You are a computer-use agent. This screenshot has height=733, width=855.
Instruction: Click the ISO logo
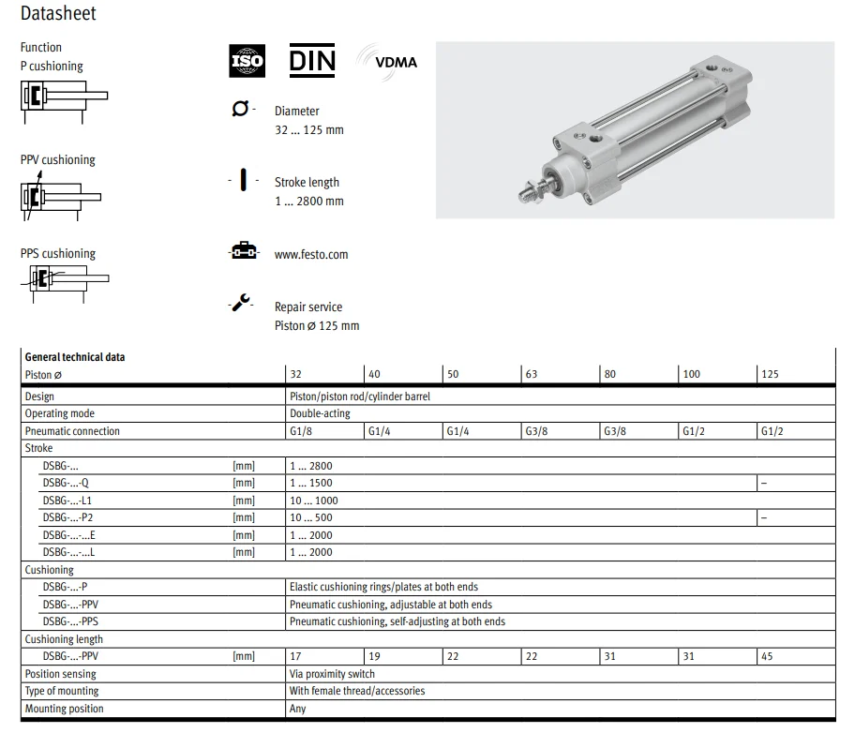point(247,61)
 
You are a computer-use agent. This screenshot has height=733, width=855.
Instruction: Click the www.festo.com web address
point(311,254)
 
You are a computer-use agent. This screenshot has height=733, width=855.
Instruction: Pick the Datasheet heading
point(58,14)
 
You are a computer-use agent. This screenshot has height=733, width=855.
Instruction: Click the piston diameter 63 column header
point(532,374)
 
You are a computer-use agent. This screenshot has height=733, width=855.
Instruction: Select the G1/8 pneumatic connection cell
point(302,431)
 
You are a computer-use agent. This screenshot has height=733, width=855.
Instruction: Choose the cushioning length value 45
point(767,656)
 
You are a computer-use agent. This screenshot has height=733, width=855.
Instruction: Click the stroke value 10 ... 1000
point(314,501)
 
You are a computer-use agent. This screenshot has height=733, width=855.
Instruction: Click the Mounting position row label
point(64,709)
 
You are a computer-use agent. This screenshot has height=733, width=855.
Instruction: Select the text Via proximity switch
point(332,674)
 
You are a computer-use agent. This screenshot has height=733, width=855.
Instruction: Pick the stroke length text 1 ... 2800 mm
point(308,201)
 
